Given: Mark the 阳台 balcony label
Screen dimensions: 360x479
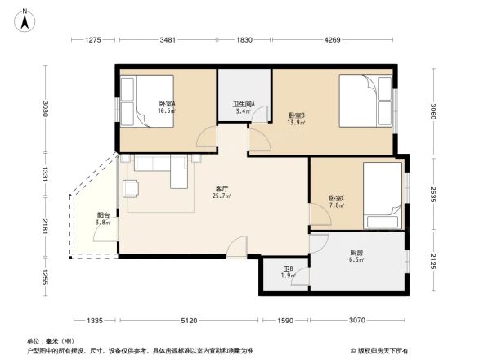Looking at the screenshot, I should click(102, 218).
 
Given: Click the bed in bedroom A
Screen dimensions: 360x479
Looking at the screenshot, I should click(147, 101).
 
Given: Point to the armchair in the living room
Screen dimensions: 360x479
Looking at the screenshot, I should click(132, 189).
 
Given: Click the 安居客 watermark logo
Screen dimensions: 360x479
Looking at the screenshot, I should click(382, 349).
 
